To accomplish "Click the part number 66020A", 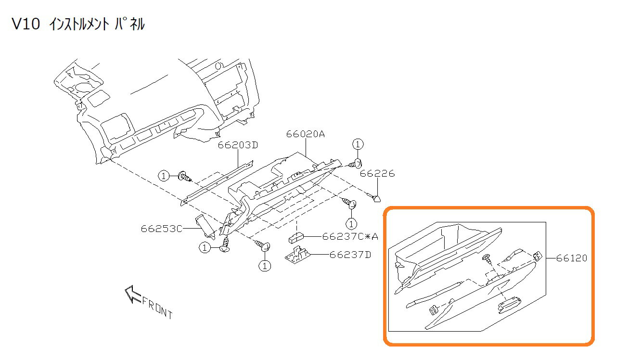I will pos(306,134).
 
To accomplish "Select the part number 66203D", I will pos(238,145).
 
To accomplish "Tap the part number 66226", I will pos(377,173).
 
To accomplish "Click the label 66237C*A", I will pos(350,236).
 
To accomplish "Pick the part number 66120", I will pos(572,258).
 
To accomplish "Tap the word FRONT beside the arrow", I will pos(157,308).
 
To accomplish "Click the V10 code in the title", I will pos(25,25).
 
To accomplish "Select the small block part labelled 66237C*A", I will pos(295,237).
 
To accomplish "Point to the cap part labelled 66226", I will pos(376,198).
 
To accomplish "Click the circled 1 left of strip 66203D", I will pos(164,176).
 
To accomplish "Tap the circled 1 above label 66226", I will pos(358,143).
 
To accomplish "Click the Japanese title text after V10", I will pos(96,25).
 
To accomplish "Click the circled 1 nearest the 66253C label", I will pos(205,247).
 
